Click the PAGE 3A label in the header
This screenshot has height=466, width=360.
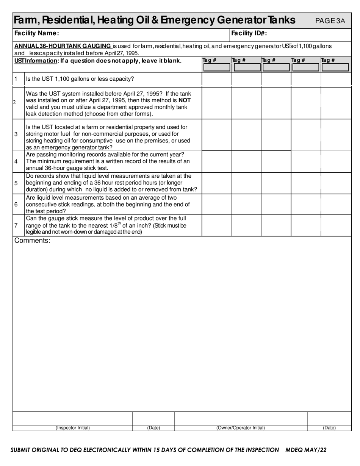click(330, 20)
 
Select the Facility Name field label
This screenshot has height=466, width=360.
click(36, 33)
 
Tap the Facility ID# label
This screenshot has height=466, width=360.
click(249, 33)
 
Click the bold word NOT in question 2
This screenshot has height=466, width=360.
click(185, 100)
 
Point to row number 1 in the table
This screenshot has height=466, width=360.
click(16, 79)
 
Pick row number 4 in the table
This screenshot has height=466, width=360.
click(16, 162)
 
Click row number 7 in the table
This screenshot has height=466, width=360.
click(16, 225)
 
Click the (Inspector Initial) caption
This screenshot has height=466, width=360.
click(73, 428)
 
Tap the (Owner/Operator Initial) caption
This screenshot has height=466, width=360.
click(241, 428)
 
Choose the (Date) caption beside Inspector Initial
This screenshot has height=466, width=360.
click(153, 428)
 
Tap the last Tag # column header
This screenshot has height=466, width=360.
click(328, 60)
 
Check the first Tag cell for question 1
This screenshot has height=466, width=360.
click(217, 79)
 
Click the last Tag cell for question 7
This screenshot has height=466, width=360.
click(336, 225)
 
